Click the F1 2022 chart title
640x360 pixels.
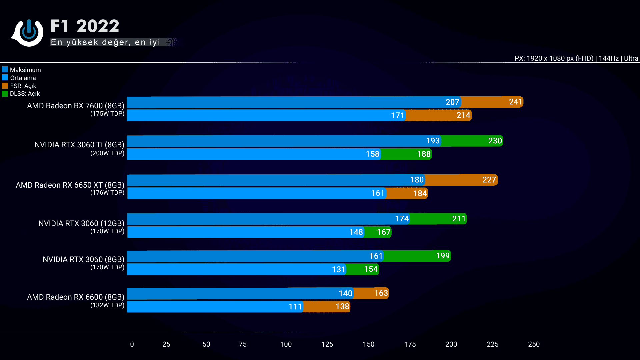click(85, 26)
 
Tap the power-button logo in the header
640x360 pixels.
click(28, 32)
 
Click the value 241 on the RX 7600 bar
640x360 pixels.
click(515, 102)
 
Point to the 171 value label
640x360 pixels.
click(397, 115)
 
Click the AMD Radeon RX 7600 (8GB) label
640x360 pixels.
click(75, 106)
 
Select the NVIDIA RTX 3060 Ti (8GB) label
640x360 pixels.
click(79, 145)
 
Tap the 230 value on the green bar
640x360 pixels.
click(495, 141)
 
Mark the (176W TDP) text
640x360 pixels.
click(107, 193)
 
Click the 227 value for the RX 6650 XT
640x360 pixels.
click(489, 180)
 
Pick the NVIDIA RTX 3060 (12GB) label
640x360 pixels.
click(81, 223)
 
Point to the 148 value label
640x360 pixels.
click(356, 232)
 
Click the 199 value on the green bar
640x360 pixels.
click(443, 256)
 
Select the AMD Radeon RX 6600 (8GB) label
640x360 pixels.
click(75, 297)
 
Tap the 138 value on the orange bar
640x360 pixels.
click(342, 306)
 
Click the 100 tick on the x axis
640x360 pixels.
click(286, 344)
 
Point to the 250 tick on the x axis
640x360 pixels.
click(534, 344)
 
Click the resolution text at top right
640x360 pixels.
click(576, 58)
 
